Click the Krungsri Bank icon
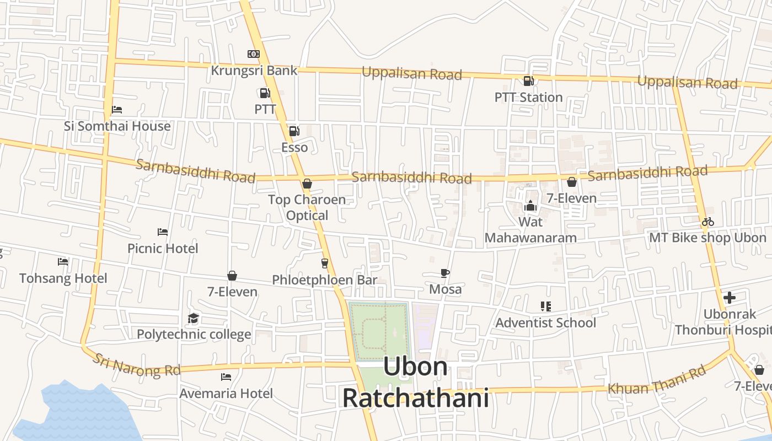tap(253, 53)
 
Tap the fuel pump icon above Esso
tap(294, 131)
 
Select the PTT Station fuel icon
tap(528, 81)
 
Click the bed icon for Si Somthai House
tap(117, 110)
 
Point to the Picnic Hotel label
tap(163, 249)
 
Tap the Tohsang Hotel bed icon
tap(63, 262)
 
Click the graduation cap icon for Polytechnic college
tap(193, 318)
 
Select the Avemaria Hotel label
tap(226, 394)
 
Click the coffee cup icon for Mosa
tap(445, 273)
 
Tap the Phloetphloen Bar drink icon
tap(324, 263)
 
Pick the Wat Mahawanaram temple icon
tap(530, 206)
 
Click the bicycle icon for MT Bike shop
tap(708, 222)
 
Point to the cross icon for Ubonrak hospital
tap(730, 298)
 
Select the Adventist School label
tap(546, 322)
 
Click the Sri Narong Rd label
tap(136, 365)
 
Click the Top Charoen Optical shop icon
tap(307, 184)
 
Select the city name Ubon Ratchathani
tap(416, 382)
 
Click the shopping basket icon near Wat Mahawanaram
tap(572, 182)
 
